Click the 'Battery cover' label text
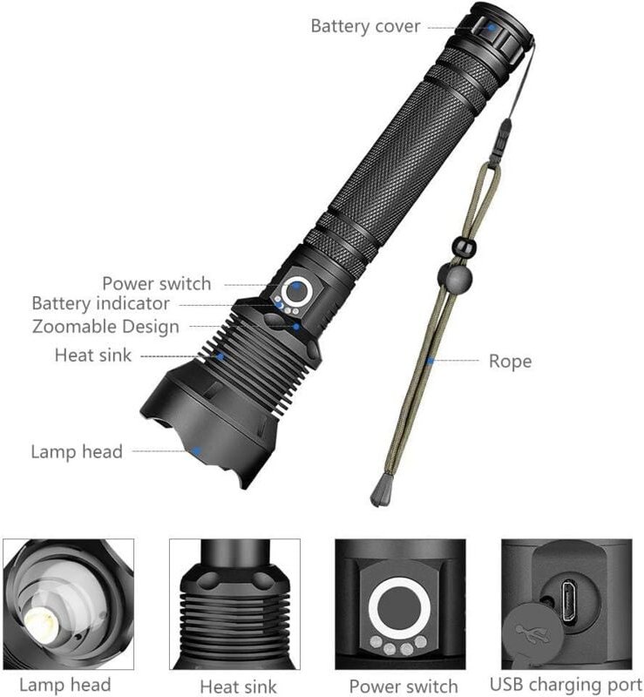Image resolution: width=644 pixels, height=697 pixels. [365, 26]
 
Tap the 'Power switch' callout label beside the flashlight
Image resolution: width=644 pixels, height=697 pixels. [156, 283]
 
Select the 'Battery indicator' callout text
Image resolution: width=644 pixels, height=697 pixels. [100, 304]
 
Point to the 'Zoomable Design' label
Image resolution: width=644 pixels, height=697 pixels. [105, 327]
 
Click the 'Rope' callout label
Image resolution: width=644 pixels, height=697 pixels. [510, 361]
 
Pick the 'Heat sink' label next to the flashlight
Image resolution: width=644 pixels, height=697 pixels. [93, 355]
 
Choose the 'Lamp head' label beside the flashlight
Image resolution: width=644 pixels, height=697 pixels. [77, 451]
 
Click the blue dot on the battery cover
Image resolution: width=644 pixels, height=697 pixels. [491, 28]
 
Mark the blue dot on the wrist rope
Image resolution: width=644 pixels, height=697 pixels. [430, 360]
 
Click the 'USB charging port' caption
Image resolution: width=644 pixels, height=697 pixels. [566, 685]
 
